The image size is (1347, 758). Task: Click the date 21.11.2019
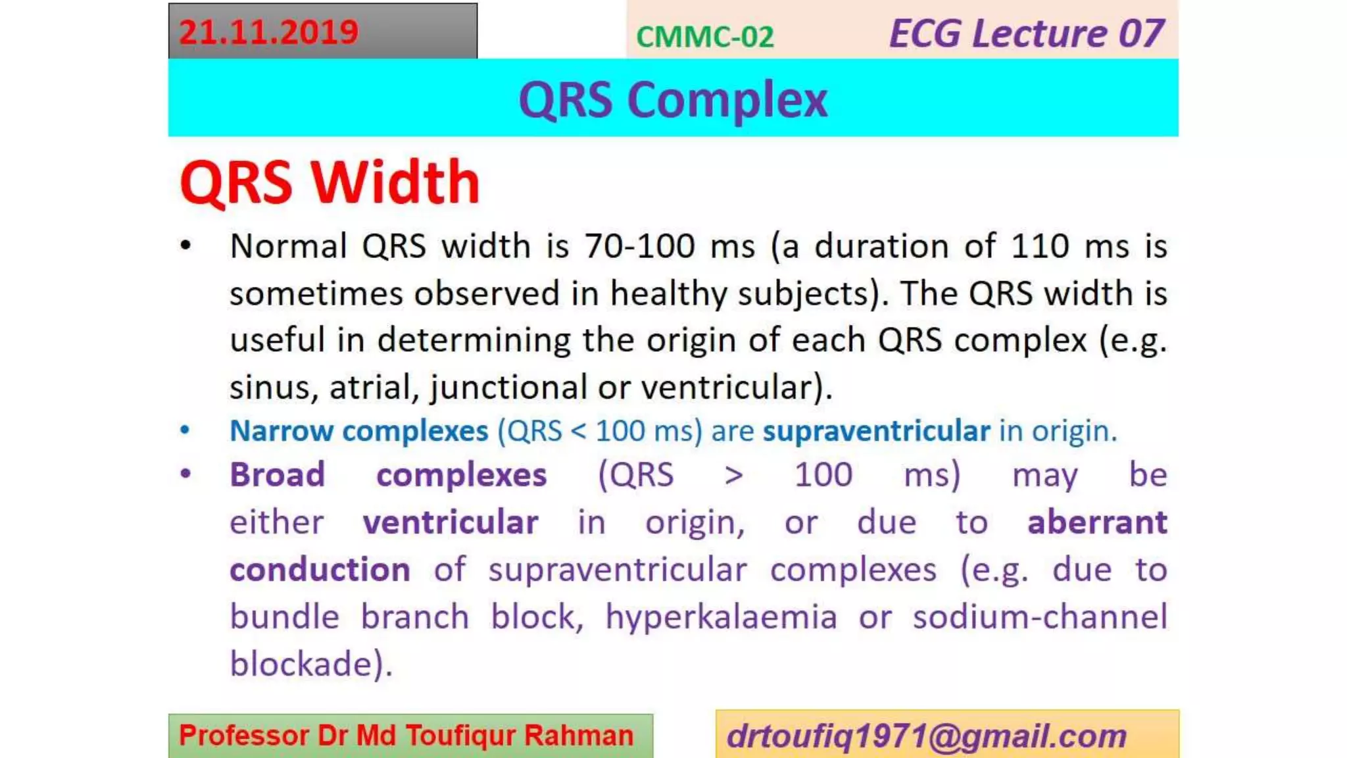(268, 32)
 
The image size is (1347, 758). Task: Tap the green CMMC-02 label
(704, 37)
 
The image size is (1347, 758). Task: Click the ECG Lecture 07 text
(1026, 34)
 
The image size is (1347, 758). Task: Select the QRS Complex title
(673, 99)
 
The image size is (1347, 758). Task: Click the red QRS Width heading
(330, 182)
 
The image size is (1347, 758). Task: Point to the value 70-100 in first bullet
(639, 246)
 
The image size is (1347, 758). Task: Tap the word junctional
(508, 387)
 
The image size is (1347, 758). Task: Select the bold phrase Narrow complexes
(358, 431)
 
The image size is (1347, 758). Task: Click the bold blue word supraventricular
(876, 431)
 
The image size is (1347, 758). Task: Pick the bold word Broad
(277, 474)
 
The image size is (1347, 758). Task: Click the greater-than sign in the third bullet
(733, 475)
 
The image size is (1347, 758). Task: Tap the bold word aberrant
(1096, 522)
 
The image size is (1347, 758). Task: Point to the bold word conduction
(320, 570)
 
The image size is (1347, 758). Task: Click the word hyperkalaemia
(721, 617)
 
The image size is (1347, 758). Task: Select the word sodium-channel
(1039, 617)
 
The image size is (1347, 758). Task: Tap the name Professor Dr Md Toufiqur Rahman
(406, 736)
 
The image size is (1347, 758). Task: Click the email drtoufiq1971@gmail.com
(926, 736)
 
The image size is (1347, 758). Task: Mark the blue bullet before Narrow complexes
(185, 430)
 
